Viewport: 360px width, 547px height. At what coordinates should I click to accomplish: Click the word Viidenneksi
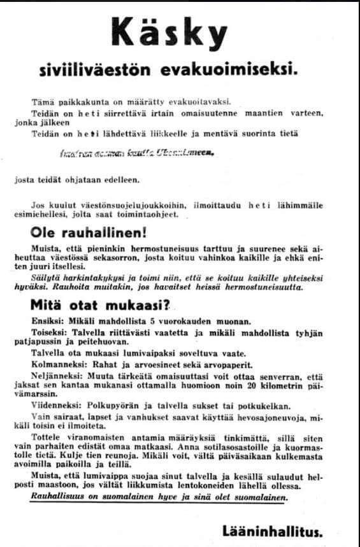[56, 405]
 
